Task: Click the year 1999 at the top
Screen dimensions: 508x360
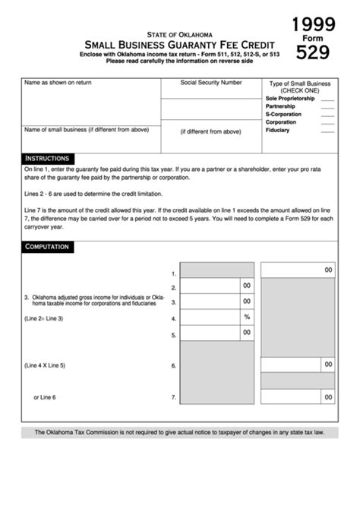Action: (x=314, y=24)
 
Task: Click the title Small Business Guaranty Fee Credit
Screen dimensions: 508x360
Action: (x=179, y=45)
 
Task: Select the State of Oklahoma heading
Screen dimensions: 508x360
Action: (x=180, y=34)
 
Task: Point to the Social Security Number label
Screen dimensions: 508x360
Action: (x=211, y=82)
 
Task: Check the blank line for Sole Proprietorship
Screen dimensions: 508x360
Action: (x=327, y=99)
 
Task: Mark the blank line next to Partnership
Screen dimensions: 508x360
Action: (x=327, y=107)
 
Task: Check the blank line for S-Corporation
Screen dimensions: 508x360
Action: (x=327, y=115)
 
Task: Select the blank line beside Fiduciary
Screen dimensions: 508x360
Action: (x=327, y=131)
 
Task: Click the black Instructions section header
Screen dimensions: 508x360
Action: (x=48, y=158)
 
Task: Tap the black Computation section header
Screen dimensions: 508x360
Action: (x=48, y=247)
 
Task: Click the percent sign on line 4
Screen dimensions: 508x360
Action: (x=247, y=317)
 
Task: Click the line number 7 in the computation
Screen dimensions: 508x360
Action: (x=173, y=397)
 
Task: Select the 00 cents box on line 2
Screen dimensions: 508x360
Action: (x=247, y=286)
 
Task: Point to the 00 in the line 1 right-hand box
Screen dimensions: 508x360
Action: (x=328, y=270)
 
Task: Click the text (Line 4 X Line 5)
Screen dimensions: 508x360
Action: (x=45, y=365)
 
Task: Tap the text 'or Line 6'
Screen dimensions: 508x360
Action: (x=45, y=397)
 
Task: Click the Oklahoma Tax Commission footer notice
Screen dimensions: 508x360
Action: (x=179, y=433)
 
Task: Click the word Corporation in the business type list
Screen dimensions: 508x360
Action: (x=281, y=122)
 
